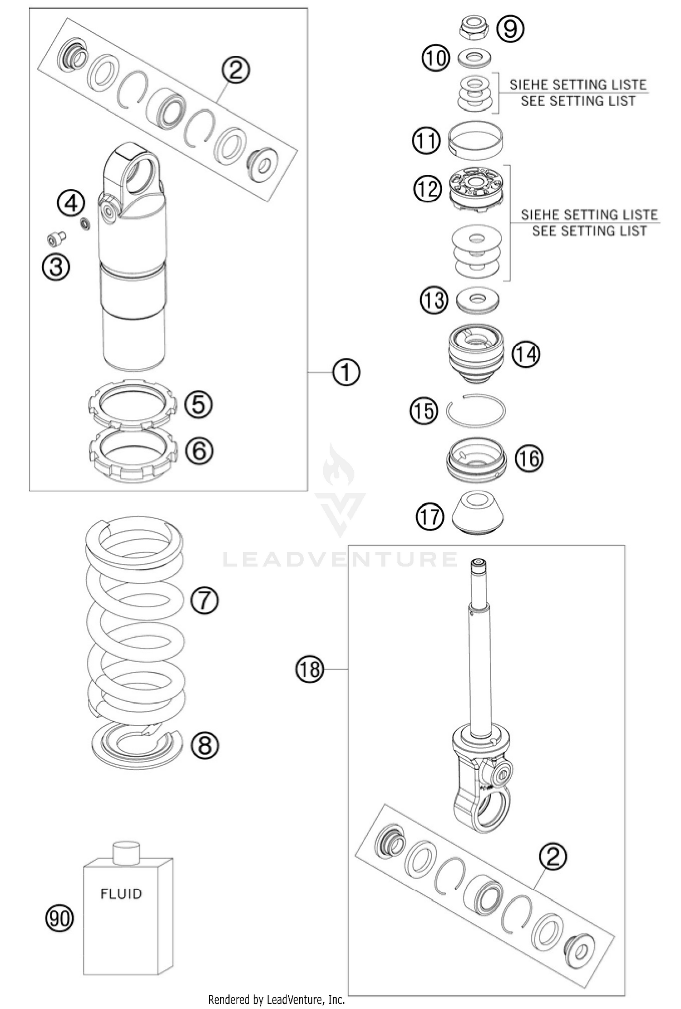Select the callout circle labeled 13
click(x=434, y=300)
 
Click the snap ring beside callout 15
click(x=475, y=410)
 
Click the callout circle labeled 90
click(x=59, y=919)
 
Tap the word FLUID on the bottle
click(x=121, y=894)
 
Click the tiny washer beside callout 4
click(x=84, y=223)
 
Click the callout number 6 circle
click(x=199, y=451)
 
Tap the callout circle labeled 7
click(x=204, y=600)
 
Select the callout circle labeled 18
click(x=310, y=669)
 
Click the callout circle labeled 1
click(x=346, y=373)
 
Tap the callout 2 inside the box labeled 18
click(x=553, y=856)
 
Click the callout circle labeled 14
click(x=526, y=354)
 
